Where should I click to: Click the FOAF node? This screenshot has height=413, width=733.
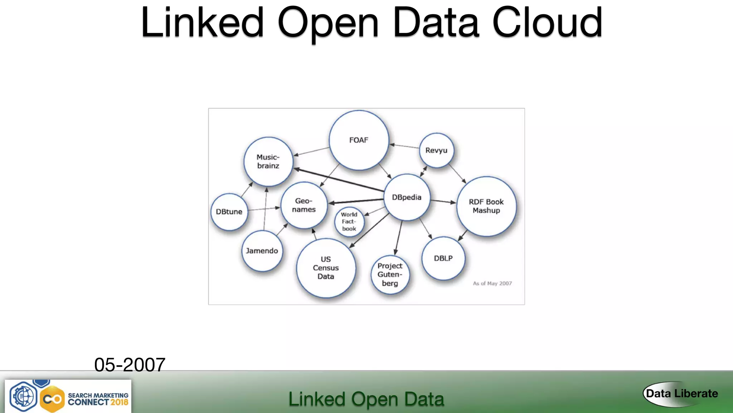pyautogui.click(x=359, y=140)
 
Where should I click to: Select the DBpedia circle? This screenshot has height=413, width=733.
pyautogui.click(x=407, y=198)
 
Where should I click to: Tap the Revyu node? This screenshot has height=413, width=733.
pyautogui.click(x=436, y=151)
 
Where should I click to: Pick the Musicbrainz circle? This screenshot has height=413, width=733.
pyautogui.click(x=268, y=162)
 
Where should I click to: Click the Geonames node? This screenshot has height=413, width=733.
pyautogui.click(x=304, y=205)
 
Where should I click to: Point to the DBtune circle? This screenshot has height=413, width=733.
pyautogui.click(x=229, y=212)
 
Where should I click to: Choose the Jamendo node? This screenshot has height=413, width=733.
pyautogui.click(x=262, y=251)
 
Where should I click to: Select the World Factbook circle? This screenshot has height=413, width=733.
pyautogui.click(x=349, y=222)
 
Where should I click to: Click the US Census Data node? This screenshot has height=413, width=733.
pyautogui.click(x=326, y=268)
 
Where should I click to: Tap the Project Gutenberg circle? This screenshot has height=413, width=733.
pyautogui.click(x=390, y=275)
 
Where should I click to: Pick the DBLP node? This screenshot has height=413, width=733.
pyautogui.click(x=443, y=258)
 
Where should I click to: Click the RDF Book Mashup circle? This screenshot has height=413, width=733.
pyautogui.click(x=486, y=206)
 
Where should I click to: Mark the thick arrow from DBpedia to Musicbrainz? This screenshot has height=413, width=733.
pyautogui.click(x=338, y=180)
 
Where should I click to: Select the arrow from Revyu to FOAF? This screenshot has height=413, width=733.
pyautogui.click(x=404, y=146)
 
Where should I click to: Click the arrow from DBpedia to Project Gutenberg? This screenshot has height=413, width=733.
pyautogui.click(x=398, y=237)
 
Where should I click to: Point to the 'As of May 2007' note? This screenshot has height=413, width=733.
pyautogui.click(x=492, y=284)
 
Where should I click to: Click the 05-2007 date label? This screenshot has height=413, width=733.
pyautogui.click(x=130, y=365)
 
